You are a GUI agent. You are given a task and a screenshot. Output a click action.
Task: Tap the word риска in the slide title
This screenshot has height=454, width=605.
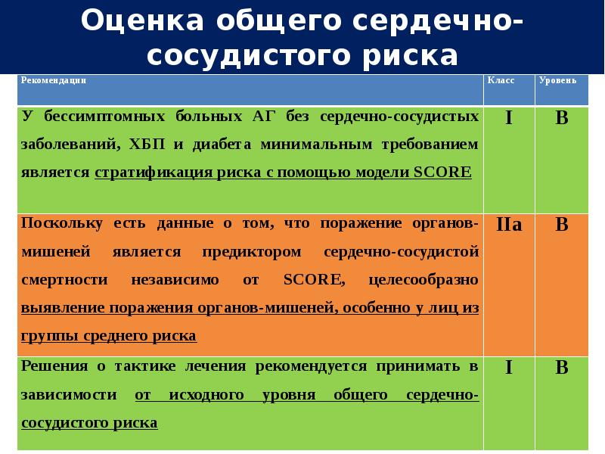click(x=408, y=57)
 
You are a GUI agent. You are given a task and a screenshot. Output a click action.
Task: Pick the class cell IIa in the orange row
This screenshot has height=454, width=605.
click(x=508, y=225)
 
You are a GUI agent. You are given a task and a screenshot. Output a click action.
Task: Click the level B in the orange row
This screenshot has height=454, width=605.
click(x=562, y=225)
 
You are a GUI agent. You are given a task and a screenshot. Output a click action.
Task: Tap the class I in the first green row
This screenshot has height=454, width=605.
click(x=508, y=119)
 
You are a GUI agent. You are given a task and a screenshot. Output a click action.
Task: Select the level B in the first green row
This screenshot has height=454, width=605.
click(x=562, y=119)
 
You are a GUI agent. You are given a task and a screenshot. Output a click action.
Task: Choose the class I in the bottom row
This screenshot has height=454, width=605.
click(x=508, y=368)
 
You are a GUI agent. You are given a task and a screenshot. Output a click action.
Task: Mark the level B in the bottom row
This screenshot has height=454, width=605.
click(x=562, y=368)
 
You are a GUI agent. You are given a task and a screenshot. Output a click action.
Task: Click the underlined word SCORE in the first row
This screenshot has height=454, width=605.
click(x=443, y=173)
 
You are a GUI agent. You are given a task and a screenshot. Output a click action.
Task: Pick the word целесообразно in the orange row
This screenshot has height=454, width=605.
click(x=423, y=280)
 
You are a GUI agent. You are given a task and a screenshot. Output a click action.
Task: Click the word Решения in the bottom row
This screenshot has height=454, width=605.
click(x=53, y=367)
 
